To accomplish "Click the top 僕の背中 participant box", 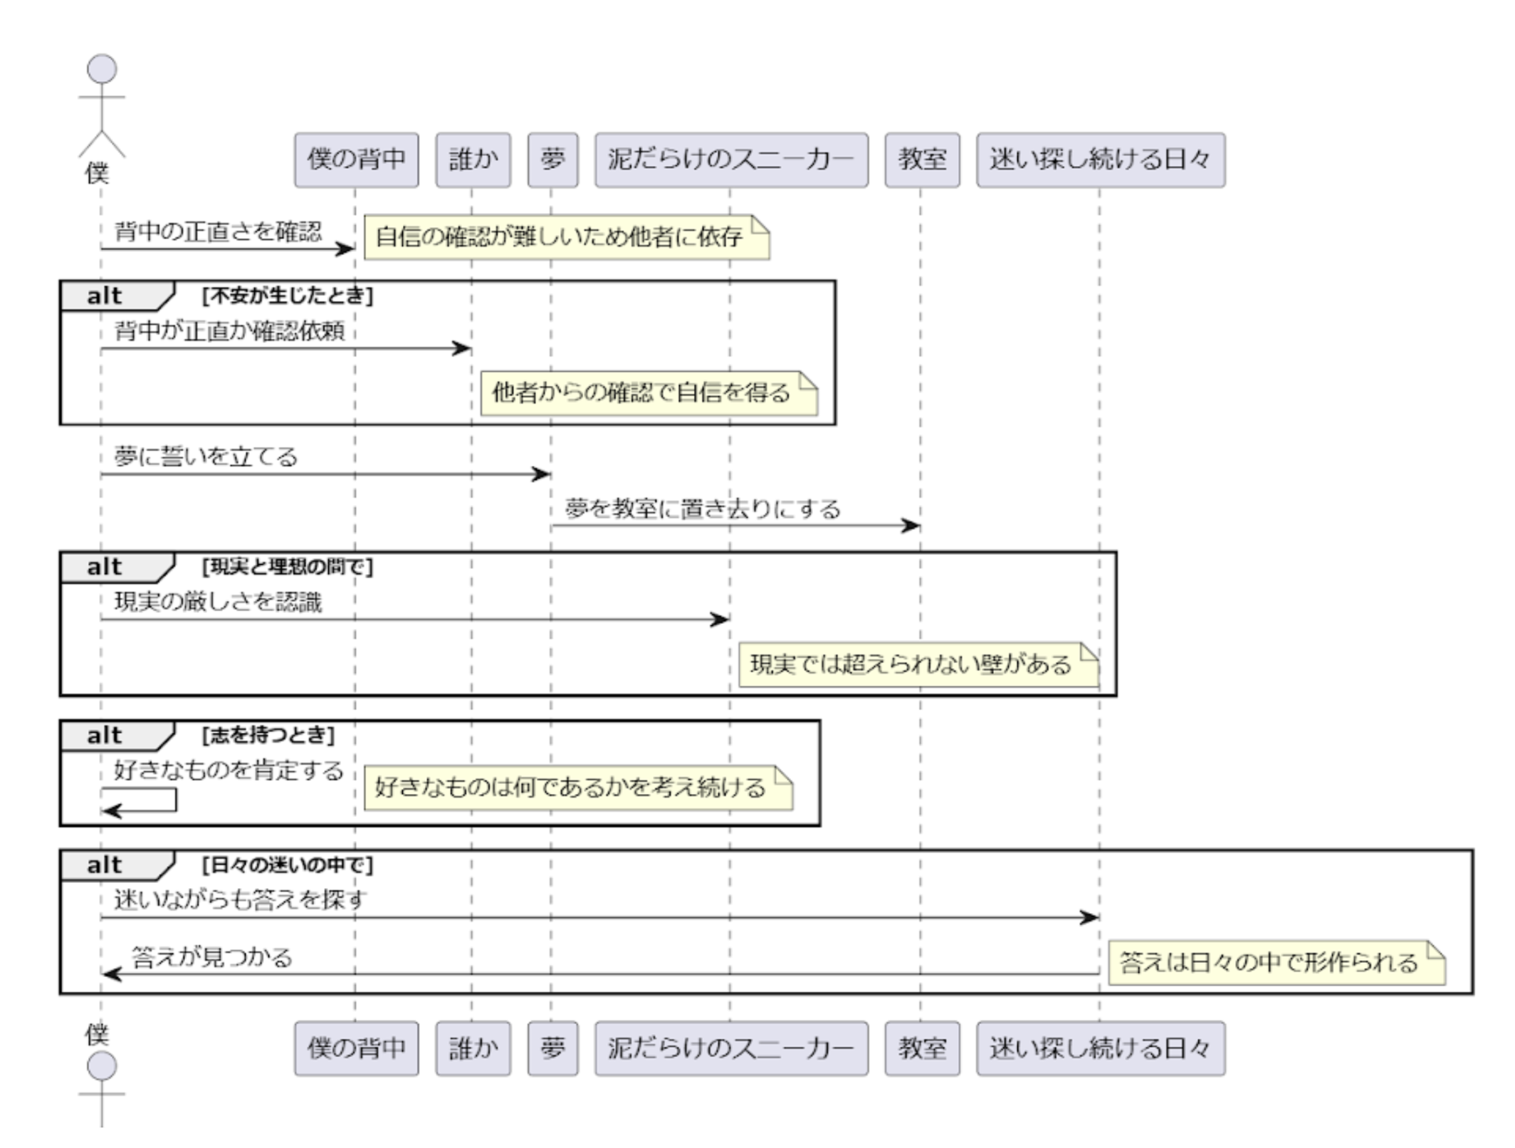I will pyautogui.click(x=356, y=160).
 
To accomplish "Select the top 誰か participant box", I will pyautogui.click(x=473, y=160).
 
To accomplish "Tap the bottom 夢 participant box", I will pyautogui.click(x=552, y=1048).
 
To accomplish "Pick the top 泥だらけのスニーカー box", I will pyautogui.click(x=731, y=160).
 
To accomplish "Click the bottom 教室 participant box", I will pyautogui.click(x=922, y=1048).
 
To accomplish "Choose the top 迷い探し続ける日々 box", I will pyautogui.click(x=1100, y=160).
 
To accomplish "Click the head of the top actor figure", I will pyautogui.click(x=102, y=69).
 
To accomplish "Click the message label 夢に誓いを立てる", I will pyautogui.click(x=206, y=456).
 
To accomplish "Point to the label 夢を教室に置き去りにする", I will pyautogui.click(x=703, y=509).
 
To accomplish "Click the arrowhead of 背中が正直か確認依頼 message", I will pyautogui.click(x=463, y=348).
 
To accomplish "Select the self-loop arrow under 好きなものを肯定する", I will pyautogui.click(x=142, y=801).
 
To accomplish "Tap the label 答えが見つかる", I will pyautogui.click(x=212, y=957).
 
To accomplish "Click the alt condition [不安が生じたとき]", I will pyautogui.click(x=287, y=296).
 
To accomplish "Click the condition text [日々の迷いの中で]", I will pyautogui.click(x=287, y=865).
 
